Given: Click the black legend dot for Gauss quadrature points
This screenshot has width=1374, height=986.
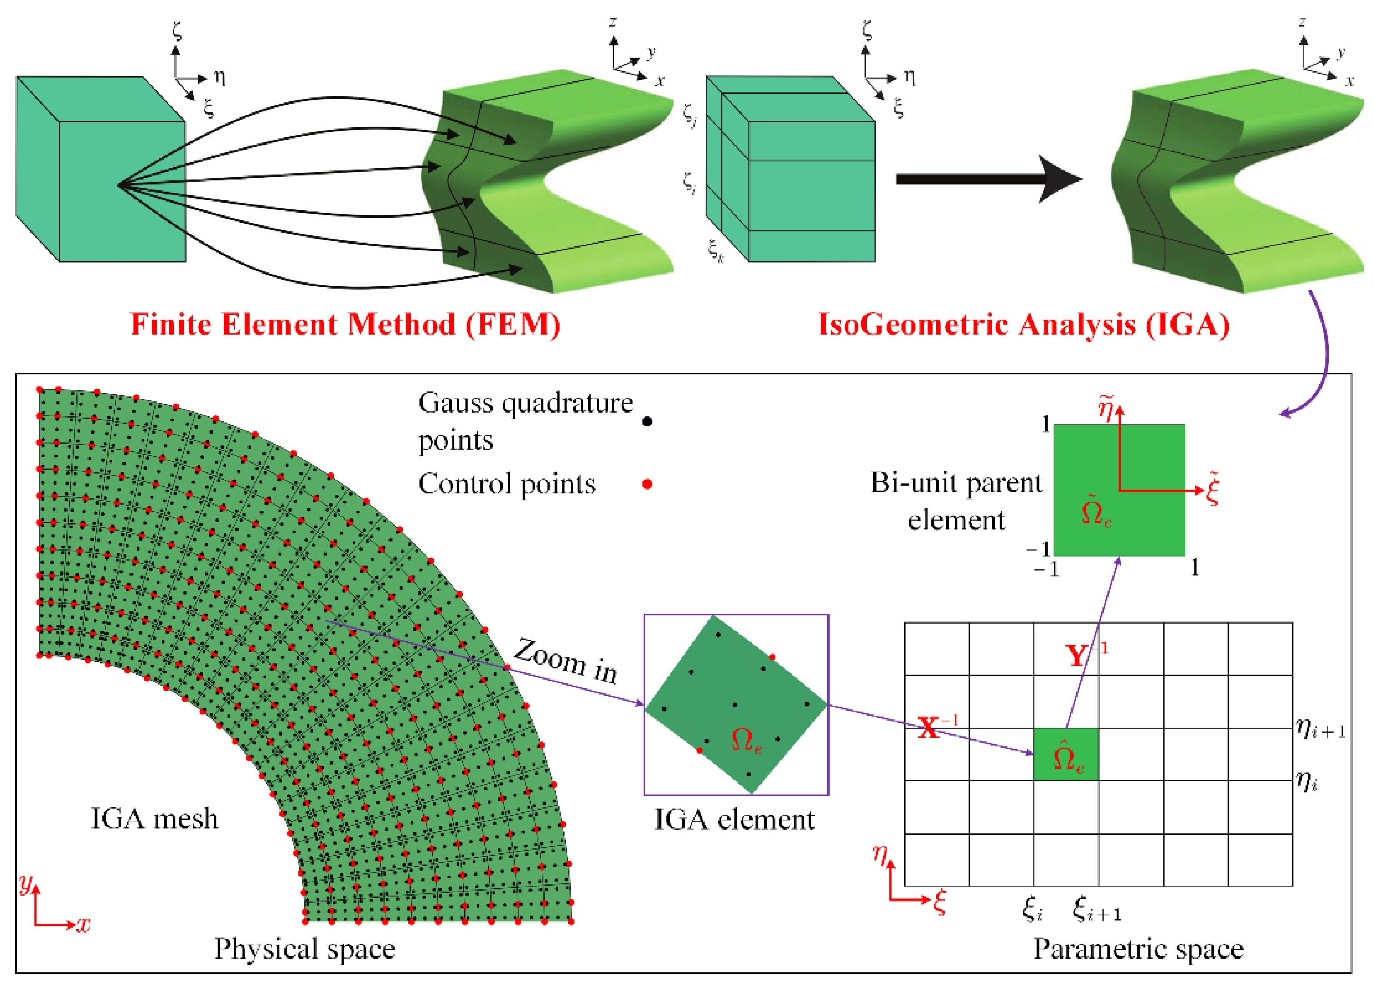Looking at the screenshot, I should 647,422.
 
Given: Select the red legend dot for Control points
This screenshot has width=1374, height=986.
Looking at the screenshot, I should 647,484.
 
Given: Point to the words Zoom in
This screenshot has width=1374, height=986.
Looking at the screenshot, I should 565,661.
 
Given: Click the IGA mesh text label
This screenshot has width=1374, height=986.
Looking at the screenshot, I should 154,819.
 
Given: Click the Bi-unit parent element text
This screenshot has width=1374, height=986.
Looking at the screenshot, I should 956,501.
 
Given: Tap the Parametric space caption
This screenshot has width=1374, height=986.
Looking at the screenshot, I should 1138,949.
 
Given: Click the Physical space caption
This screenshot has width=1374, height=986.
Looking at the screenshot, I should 305,949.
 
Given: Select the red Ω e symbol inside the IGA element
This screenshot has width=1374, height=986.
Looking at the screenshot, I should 746,740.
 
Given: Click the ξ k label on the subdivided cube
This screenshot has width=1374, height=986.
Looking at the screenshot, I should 716,250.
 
